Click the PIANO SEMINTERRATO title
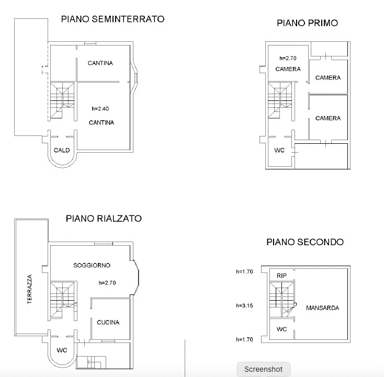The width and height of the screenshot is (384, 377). click(112, 19)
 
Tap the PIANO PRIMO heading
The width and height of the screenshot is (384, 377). click(307, 23)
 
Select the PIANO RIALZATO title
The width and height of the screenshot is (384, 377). click(104, 219)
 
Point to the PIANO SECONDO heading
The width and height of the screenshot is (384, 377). click(305, 242)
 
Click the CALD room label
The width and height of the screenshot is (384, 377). click(62, 150)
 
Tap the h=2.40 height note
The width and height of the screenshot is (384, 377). click(100, 108)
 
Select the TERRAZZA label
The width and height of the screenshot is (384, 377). click(29, 289)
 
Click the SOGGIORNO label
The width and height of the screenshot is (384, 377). click(92, 265)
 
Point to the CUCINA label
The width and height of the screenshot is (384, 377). click(108, 322)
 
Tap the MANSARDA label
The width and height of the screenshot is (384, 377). click(323, 308)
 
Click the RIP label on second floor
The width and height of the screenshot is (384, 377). click(281, 276)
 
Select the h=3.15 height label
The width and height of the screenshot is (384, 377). click(244, 305)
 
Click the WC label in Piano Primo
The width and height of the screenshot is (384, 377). click(279, 150)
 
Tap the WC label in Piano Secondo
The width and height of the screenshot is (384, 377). click(281, 329)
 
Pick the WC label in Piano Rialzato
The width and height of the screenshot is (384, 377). click(62, 350)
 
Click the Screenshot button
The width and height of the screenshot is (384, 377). click(264, 369)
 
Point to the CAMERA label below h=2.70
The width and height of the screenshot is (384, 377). click(288, 69)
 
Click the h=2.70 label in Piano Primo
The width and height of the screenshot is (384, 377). click(288, 58)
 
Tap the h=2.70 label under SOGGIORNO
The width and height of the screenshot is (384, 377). click(107, 283)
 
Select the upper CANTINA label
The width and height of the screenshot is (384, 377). click(100, 63)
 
